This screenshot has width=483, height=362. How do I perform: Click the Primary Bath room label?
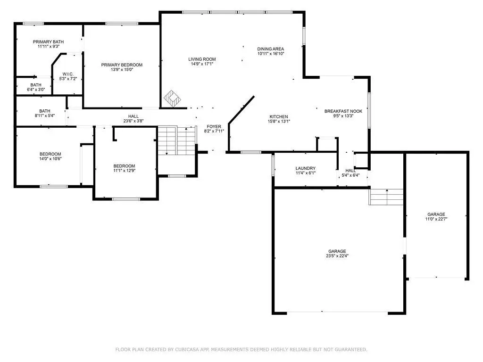49,42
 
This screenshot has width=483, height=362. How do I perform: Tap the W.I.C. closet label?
68,74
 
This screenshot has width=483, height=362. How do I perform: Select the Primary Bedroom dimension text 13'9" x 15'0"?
122,70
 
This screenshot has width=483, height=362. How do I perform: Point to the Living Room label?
202,59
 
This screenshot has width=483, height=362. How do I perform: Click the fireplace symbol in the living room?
172,98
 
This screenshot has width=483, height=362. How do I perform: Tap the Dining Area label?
270,49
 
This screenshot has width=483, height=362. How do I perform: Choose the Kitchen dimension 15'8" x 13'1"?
279,121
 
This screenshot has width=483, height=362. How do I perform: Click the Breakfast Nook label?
343,111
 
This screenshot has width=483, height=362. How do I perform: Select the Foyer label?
214,126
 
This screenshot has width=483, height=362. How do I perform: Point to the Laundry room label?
306,168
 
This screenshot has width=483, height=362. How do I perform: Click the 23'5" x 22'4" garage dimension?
337,256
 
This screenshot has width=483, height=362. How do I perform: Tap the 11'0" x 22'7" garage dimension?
436,219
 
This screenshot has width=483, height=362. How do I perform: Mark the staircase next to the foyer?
177,140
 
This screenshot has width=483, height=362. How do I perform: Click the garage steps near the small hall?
386,197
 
